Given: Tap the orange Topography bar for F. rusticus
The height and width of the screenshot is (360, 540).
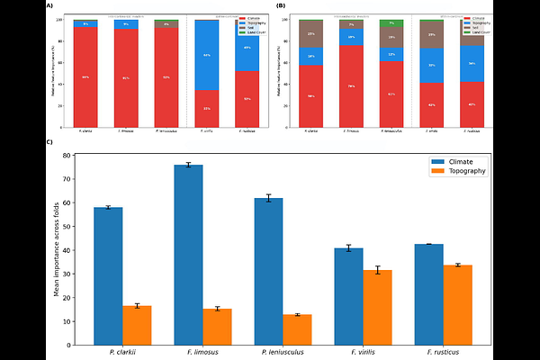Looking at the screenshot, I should pyautogui.click(x=457, y=304).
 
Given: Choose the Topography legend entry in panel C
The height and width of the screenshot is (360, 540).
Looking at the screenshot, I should pyautogui.click(x=464, y=170).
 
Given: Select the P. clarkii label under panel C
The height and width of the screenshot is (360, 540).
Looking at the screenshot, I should pyautogui.click(x=122, y=352).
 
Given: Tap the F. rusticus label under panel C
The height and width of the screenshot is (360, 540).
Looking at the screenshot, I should pyautogui.click(x=442, y=352).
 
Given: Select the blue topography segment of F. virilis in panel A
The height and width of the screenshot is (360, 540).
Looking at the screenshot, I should pyautogui.click(x=207, y=55).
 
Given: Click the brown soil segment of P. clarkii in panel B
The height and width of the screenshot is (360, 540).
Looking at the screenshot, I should pyautogui.click(x=310, y=34).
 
